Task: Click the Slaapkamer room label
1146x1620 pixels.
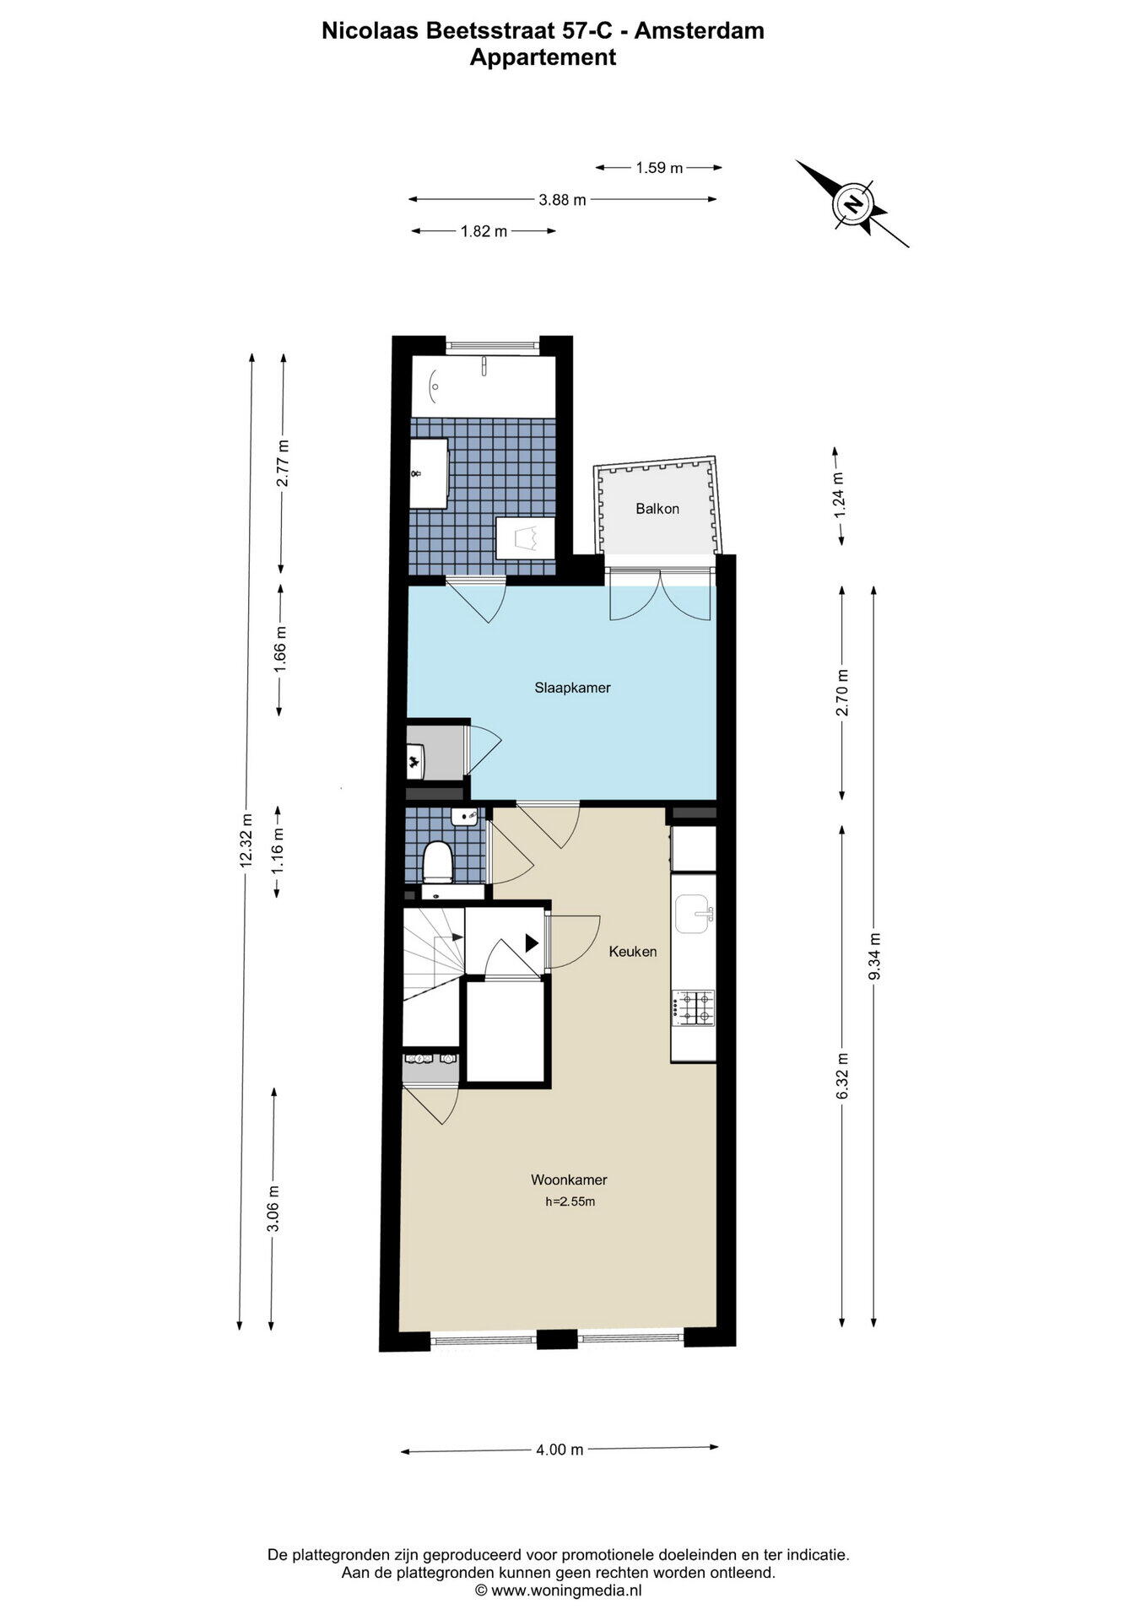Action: [x=572, y=688]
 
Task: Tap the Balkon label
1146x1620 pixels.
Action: [x=657, y=509]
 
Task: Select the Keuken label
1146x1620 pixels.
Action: [x=633, y=952]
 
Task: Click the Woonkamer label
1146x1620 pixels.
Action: [x=569, y=1180]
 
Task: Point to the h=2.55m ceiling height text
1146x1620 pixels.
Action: [x=570, y=1201]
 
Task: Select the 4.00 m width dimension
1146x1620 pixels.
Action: [x=559, y=1450]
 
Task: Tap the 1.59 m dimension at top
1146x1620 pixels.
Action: [x=659, y=168]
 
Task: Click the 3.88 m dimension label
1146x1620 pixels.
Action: [x=562, y=200]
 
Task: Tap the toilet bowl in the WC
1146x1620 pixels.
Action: [x=438, y=861]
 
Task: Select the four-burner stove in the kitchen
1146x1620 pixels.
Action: [x=694, y=1007]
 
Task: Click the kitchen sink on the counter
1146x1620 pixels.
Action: [x=694, y=915]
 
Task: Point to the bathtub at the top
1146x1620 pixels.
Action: [x=484, y=386]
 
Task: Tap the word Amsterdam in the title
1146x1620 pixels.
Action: [x=700, y=31]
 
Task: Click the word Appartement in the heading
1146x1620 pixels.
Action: [x=543, y=57]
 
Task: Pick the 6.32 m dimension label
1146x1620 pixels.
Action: [x=842, y=1076]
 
